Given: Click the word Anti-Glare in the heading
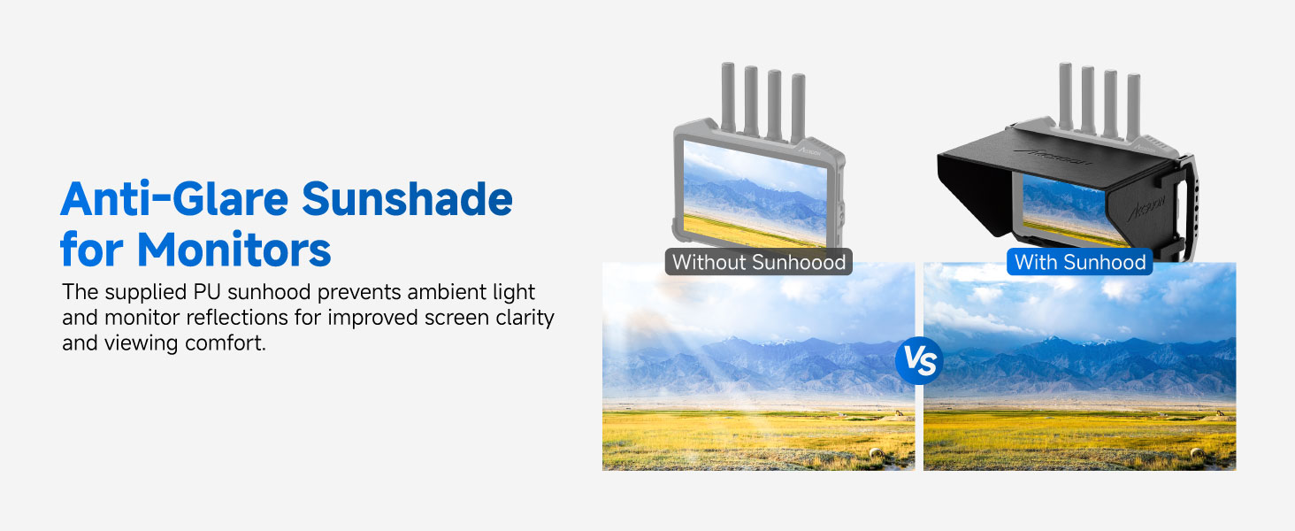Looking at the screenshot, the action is (x=174, y=199).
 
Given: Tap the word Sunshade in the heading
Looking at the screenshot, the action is (x=407, y=199).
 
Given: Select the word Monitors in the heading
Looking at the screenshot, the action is (x=234, y=250).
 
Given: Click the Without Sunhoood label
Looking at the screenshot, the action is (x=758, y=262).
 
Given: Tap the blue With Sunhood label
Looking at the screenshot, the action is (x=1080, y=262).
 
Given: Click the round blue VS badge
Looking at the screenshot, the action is (x=919, y=361).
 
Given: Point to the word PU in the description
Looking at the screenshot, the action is (x=207, y=292).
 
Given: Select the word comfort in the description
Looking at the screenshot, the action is (x=225, y=343).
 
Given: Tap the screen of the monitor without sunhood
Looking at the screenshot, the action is (x=755, y=193).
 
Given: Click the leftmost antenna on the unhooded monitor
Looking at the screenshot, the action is (x=728, y=97).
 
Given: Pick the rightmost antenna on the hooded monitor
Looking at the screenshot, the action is (x=1133, y=108).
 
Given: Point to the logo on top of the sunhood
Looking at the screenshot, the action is (x=1054, y=156).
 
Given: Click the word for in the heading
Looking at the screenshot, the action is (x=91, y=250).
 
